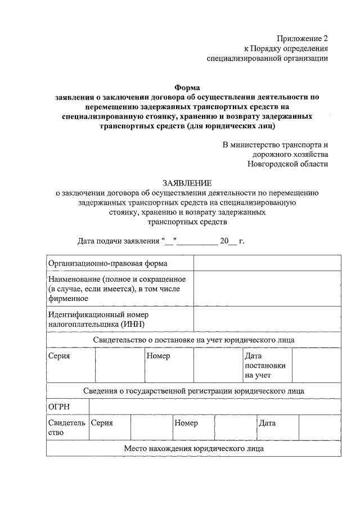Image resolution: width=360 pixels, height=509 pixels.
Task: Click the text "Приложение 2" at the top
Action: [x=302, y=38]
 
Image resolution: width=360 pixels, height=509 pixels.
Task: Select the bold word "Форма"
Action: [x=187, y=87]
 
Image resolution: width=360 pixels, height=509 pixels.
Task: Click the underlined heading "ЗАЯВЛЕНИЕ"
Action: [x=187, y=183]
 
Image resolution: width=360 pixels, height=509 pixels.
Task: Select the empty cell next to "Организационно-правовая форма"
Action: [x=267, y=263]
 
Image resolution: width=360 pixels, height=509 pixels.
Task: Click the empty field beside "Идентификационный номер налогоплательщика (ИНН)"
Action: [x=267, y=319]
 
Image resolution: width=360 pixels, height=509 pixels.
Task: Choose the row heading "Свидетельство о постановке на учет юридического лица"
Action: [x=193, y=340]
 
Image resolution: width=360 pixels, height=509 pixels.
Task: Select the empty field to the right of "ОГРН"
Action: [x=214, y=407]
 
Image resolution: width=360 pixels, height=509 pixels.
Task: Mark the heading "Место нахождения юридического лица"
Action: [x=193, y=449]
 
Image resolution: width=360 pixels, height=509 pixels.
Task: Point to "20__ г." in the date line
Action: [x=232, y=242]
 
